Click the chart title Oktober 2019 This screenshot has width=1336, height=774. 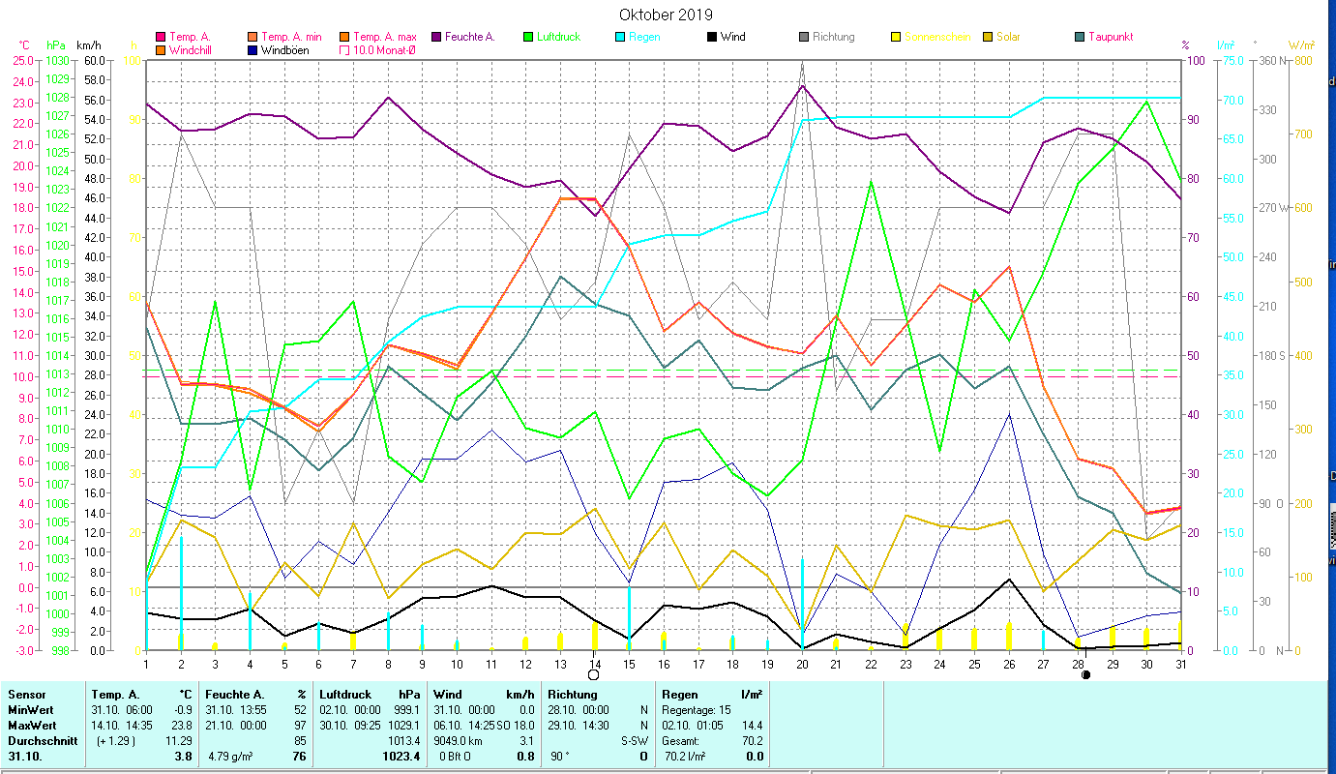(x=666, y=15)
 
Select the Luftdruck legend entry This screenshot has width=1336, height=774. (x=557, y=37)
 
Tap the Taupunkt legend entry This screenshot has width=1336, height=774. (x=1110, y=37)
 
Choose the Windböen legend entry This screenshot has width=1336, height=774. (x=284, y=49)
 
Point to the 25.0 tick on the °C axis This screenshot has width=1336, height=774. (x=21, y=60)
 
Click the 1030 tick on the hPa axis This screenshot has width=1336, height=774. (x=57, y=60)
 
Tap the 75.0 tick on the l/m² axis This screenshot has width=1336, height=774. (x=1205, y=60)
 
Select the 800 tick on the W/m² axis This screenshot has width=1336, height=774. (x=1301, y=60)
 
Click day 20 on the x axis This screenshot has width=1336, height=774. (x=802, y=663)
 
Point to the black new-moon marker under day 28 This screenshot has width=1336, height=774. (x=1086, y=674)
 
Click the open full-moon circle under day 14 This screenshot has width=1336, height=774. (x=593, y=674)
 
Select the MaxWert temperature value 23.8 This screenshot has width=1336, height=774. (x=183, y=724)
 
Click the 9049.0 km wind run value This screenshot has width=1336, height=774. (x=459, y=740)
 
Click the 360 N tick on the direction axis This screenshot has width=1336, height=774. (x=1270, y=60)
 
